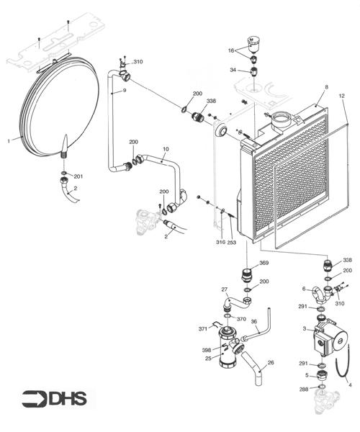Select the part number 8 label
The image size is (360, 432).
coord(325,87)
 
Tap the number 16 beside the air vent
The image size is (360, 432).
coord(232,51)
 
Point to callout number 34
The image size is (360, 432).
coord(233,70)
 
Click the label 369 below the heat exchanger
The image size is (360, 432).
coord(264,264)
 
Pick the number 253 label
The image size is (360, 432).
coord(232,243)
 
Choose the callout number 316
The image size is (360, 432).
coord(220,243)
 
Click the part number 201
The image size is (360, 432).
coord(78,176)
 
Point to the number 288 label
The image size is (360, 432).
coord(304,389)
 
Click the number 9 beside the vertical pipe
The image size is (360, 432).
coord(125,90)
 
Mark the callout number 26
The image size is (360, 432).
coord(271,363)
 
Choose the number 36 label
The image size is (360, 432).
coord(253,321)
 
